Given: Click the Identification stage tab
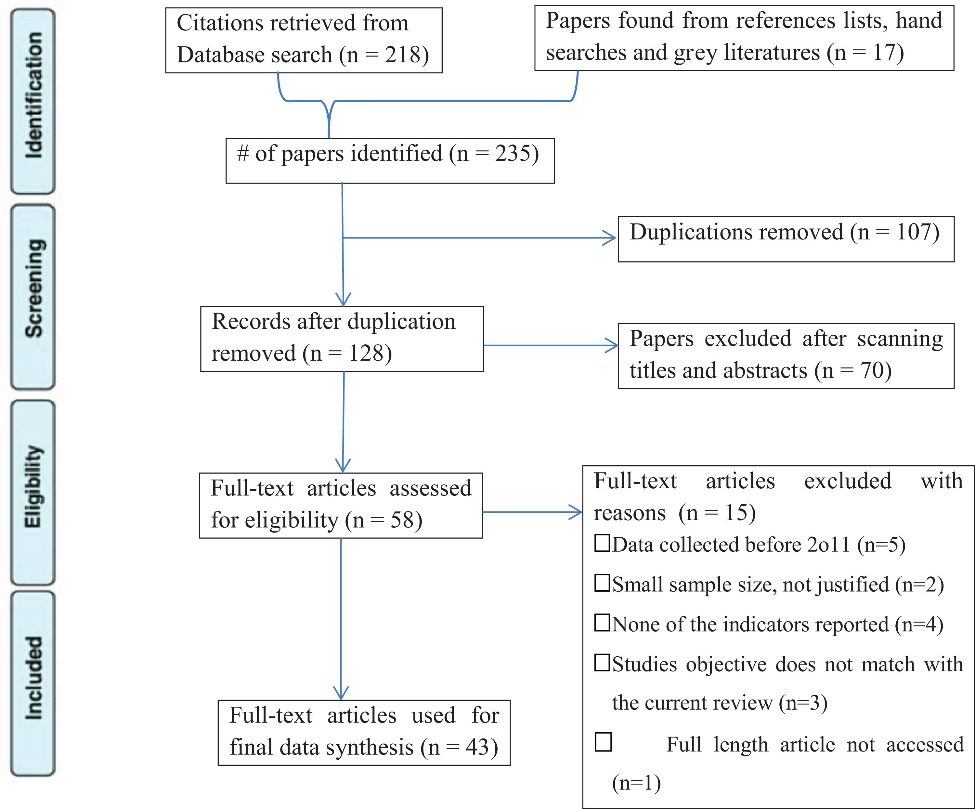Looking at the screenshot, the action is tap(33, 101).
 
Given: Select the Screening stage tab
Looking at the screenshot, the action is tap(33, 297).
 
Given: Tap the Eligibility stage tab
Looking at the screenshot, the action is tap(33, 493).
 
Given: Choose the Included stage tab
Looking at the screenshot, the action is tap(33, 683).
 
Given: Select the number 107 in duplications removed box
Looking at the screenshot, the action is tap(913, 232).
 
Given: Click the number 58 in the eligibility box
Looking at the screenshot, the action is tap(402, 520).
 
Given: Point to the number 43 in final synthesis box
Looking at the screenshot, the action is tap(478, 747).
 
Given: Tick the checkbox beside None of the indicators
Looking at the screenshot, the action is tap(602, 623).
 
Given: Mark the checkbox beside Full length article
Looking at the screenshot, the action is tap(604, 742).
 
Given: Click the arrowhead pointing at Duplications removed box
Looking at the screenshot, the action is tap(610, 238).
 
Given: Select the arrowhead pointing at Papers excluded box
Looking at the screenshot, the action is tap(611, 345).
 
